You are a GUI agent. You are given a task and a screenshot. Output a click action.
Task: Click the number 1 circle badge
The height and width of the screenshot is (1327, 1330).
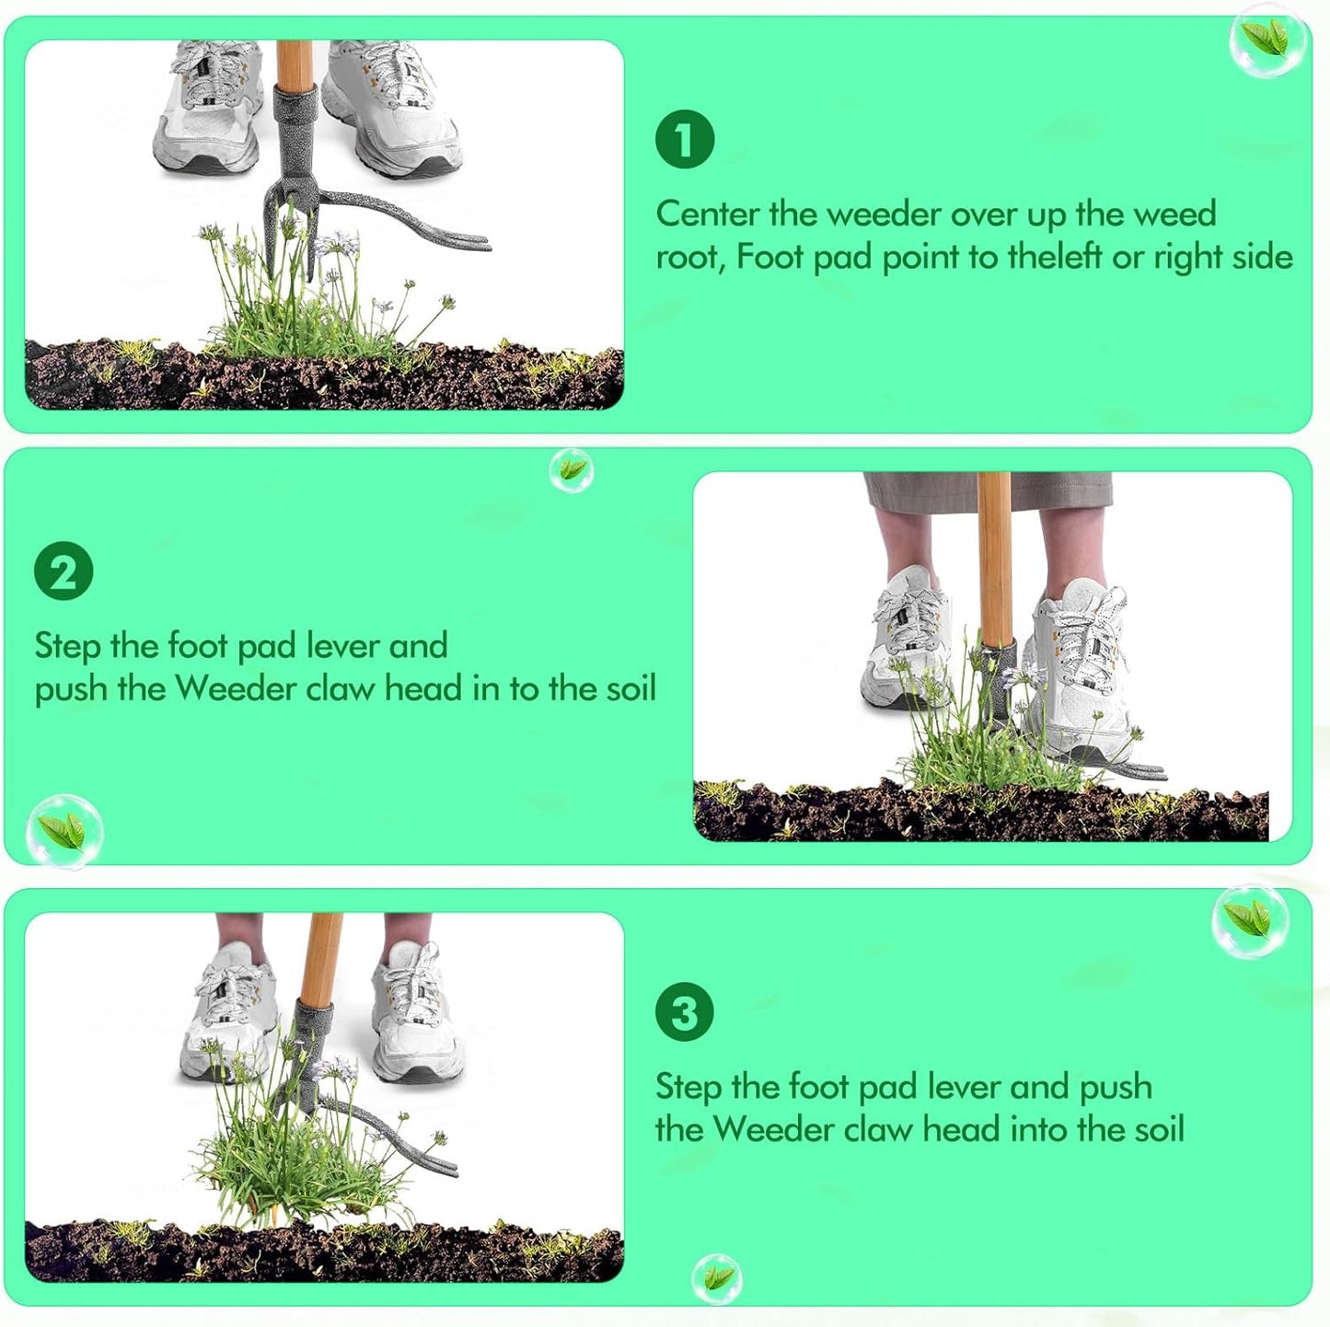click(x=685, y=139)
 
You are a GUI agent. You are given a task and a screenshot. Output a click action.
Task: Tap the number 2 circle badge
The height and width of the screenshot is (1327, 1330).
click(x=64, y=571)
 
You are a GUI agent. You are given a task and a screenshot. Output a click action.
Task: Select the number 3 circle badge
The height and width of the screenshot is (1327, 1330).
click(x=685, y=1012)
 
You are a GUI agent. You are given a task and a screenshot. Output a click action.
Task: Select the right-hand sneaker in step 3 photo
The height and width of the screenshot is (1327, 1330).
click(x=414, y=1012)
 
